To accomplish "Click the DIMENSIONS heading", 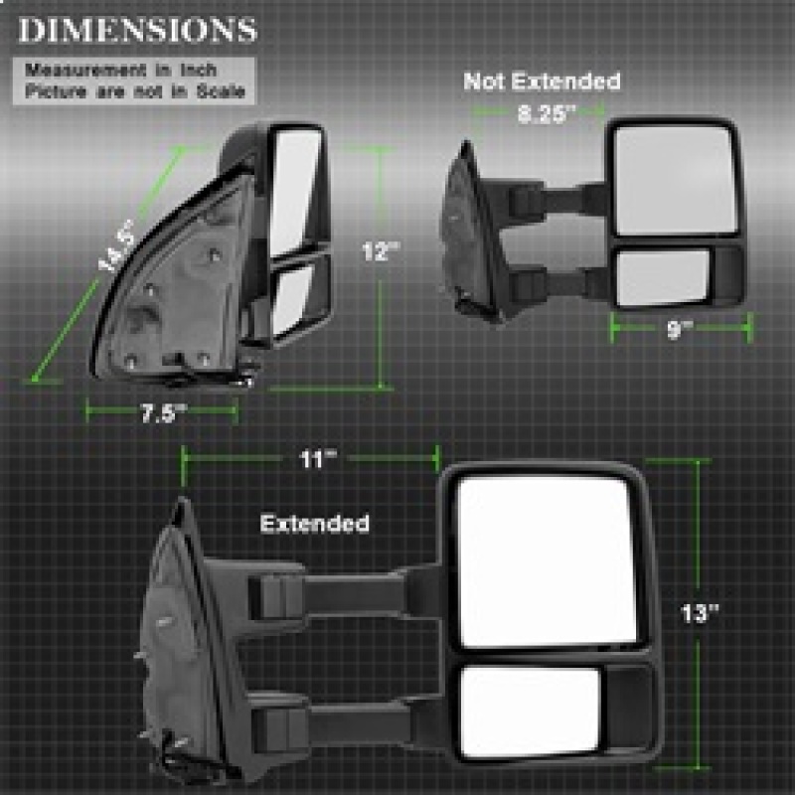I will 136,30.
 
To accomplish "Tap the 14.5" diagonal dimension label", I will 118,247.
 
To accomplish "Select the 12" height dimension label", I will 379,252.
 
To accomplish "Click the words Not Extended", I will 542,81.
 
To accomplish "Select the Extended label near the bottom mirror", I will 314,523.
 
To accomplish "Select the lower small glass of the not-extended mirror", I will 662,277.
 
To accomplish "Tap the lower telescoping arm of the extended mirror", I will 348,722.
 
